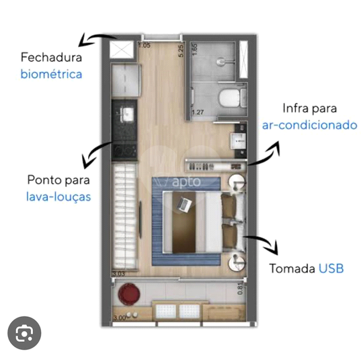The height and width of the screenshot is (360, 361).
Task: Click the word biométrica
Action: tap(51, 74)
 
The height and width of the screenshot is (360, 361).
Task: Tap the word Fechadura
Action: tap(51, 57)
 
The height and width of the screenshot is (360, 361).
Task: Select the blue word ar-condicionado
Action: tap(310, 125)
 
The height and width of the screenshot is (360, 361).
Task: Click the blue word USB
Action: tap(331, 268)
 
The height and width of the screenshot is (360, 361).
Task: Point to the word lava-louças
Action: tap(58, 197)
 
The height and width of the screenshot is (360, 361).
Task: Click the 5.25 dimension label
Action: tap(181, 50)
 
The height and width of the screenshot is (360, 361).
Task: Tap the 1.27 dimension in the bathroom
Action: tap(198, 112)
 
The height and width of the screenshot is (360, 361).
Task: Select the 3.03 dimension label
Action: tap(118, 274)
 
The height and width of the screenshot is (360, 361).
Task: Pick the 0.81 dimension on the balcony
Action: tap(240, 289)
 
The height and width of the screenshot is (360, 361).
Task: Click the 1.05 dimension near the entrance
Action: tap(145, 45)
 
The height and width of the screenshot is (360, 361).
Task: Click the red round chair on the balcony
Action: tap(129, 294)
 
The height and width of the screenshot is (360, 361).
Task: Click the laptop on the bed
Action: tap(184, 204)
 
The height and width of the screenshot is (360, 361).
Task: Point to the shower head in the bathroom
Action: tap(220, 61)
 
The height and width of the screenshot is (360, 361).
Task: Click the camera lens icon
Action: tap(24, 333)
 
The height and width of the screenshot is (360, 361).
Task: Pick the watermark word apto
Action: tap(186, 182)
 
